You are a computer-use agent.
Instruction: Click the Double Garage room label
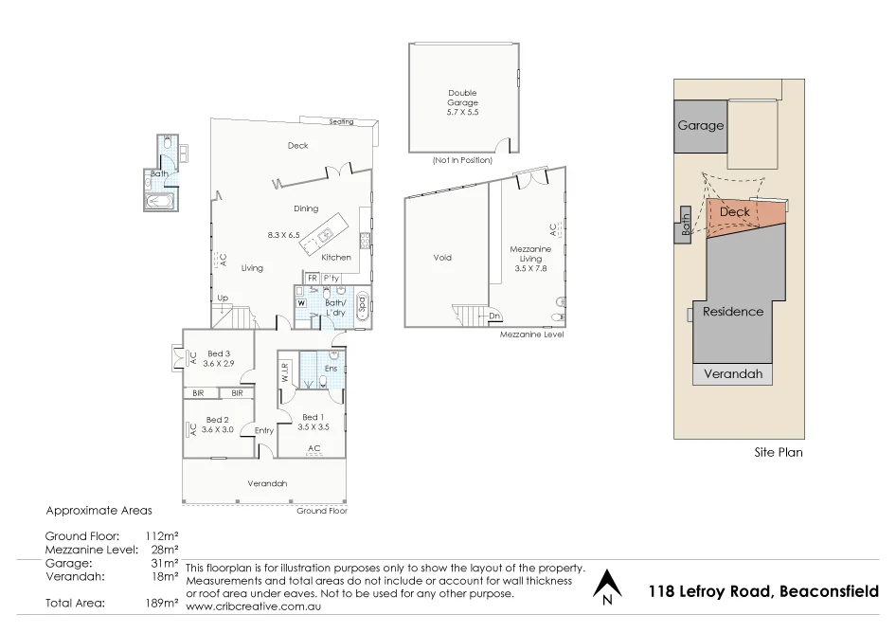click(x=463, y=102)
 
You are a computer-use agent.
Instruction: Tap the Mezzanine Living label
click(x=530, y=258)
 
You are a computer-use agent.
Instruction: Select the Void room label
click(x=442, y=258)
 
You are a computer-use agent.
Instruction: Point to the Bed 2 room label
click(x=217, y=425)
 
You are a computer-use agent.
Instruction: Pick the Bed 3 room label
click(x=219, y=359)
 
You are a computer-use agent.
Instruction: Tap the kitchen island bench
click(x=322, y=240)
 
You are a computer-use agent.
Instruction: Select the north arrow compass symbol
click(x=605, y=587)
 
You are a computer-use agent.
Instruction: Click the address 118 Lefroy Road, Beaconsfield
click(x=763, y=591)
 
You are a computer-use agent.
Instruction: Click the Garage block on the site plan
click(x=700, y=125)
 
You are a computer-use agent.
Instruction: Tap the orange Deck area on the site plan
click(x=739, y=213)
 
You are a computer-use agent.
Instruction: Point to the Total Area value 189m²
click(x=163, y=603)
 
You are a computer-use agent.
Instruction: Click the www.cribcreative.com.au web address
click(x=255, y=606)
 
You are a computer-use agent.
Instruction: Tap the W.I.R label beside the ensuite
click(x=284, y=372)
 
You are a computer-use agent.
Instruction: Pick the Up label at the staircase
click(x=224, y=298)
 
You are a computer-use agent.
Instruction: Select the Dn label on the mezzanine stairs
click(x=494, y=316)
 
